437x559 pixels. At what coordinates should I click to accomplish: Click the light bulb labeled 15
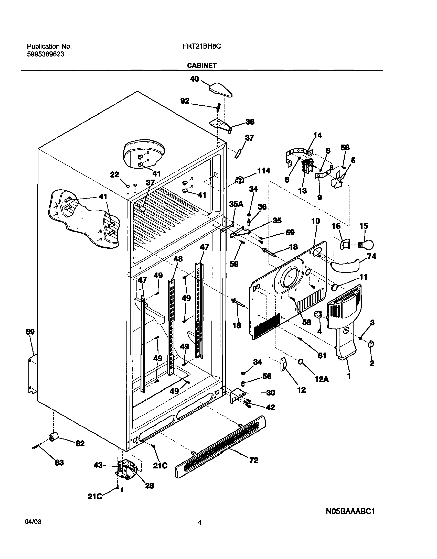pos(366,245)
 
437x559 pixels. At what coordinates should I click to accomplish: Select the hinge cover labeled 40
pos(221,90)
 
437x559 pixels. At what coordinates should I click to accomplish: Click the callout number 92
pos(185,101)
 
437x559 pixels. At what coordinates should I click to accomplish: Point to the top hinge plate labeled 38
pos(221,126)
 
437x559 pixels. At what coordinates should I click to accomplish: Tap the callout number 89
pos(30,332)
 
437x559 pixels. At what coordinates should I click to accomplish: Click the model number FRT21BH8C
pos(202,46)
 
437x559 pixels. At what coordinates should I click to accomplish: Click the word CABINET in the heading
pos(202,65)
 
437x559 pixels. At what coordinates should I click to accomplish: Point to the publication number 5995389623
pos(46,54)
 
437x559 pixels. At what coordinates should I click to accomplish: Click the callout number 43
pos(98,465)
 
